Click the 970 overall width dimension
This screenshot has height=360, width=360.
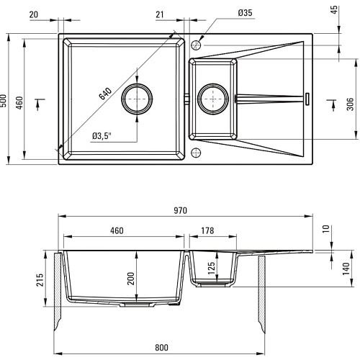click(x=180, y=210)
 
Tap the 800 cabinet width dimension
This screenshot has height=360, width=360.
click(x=161, y=347)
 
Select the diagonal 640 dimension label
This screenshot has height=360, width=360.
click(x=105, y=94)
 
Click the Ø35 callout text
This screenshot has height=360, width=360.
click(x=246, y=13)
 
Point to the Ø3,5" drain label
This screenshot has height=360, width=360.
click(x=102, y=136)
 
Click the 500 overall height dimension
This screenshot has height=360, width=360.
click(x=4, y=101)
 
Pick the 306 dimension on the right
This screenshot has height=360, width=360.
click(x=350, y=104)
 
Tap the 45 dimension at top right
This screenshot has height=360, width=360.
click(x=334, y=9)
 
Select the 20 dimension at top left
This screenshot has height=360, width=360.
click(x=34, y=14)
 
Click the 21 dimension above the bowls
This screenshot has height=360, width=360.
click(x=160, y=14)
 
